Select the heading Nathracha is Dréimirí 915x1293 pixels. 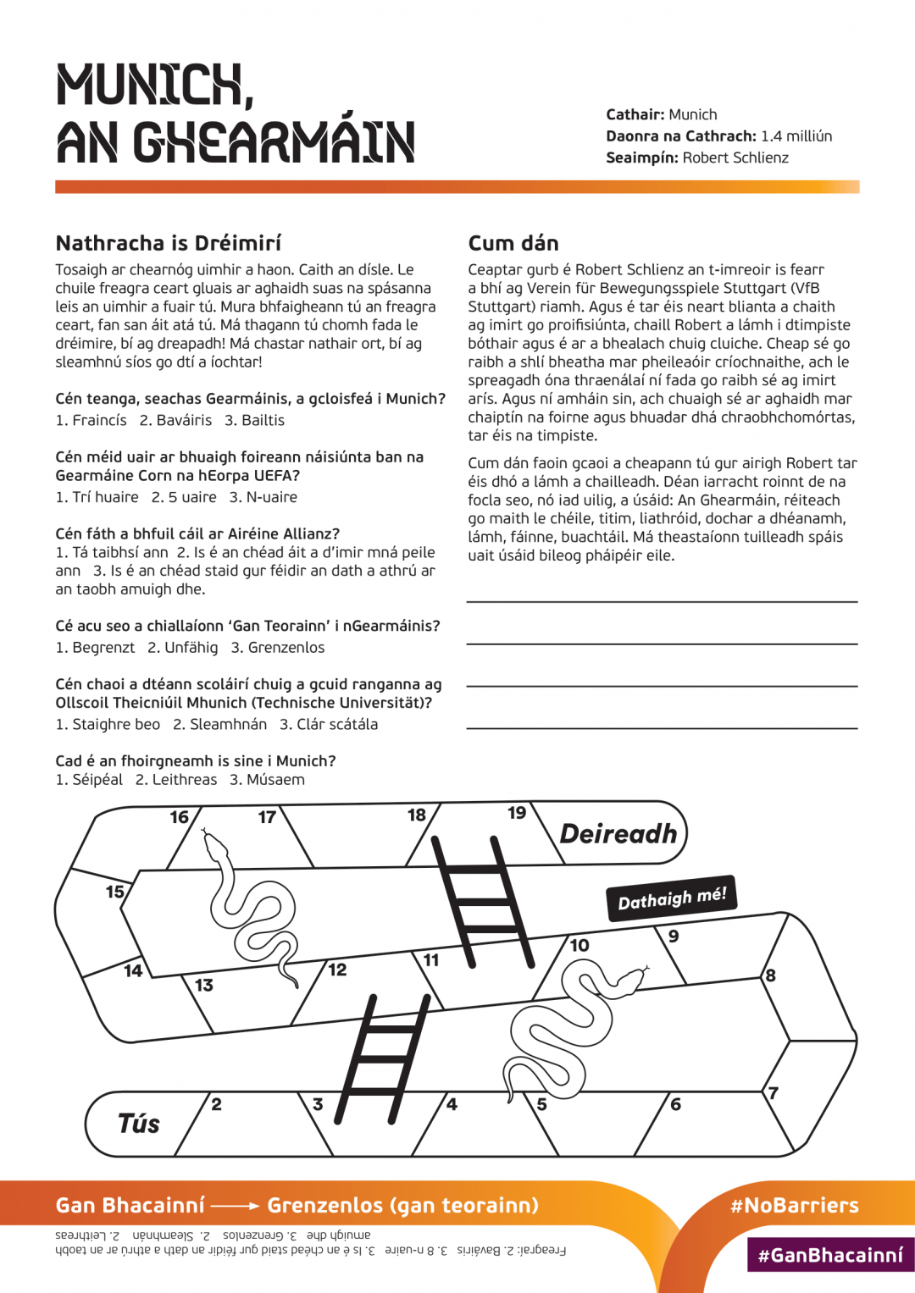click(x=168, y=243)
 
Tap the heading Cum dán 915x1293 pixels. click(x=513, y=243)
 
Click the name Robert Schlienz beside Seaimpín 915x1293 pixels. click(x=735, y=157)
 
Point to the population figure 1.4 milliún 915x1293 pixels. click(x=796, y=136)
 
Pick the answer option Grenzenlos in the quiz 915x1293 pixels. click(x=286, y=648)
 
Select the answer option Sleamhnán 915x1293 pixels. click(x=227, y=725)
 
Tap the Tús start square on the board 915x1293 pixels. click(x=140, y=1124)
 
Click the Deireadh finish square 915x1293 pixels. click(x=618, y=834)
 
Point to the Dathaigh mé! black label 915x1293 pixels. click(x=672, y=898)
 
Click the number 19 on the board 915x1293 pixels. click(x=517, y=813)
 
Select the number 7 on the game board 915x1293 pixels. click(x=773, y=1092)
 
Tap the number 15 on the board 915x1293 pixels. click(x=114, y=892)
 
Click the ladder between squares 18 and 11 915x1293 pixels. click(x=483, y=898)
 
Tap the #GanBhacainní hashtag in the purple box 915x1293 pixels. click(x=830, y=1255)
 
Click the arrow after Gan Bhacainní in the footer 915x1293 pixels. click(x=235, y=1205)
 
